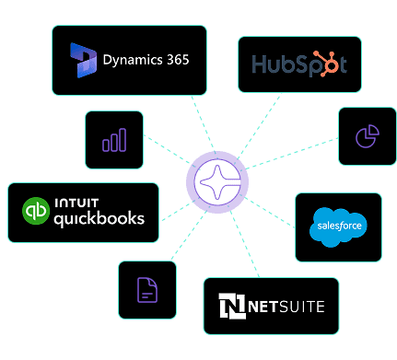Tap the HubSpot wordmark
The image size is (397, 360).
(x=298, y=64)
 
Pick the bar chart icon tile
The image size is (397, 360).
(x=114, y=140)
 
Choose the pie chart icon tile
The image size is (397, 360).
(x=367, y=136)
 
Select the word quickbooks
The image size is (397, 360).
(x=99, y=219)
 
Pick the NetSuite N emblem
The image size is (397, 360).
(x=230, y=306)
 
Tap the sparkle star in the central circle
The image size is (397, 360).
(x=218, y=180)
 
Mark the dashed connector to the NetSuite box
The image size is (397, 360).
(x=239, y=243)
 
